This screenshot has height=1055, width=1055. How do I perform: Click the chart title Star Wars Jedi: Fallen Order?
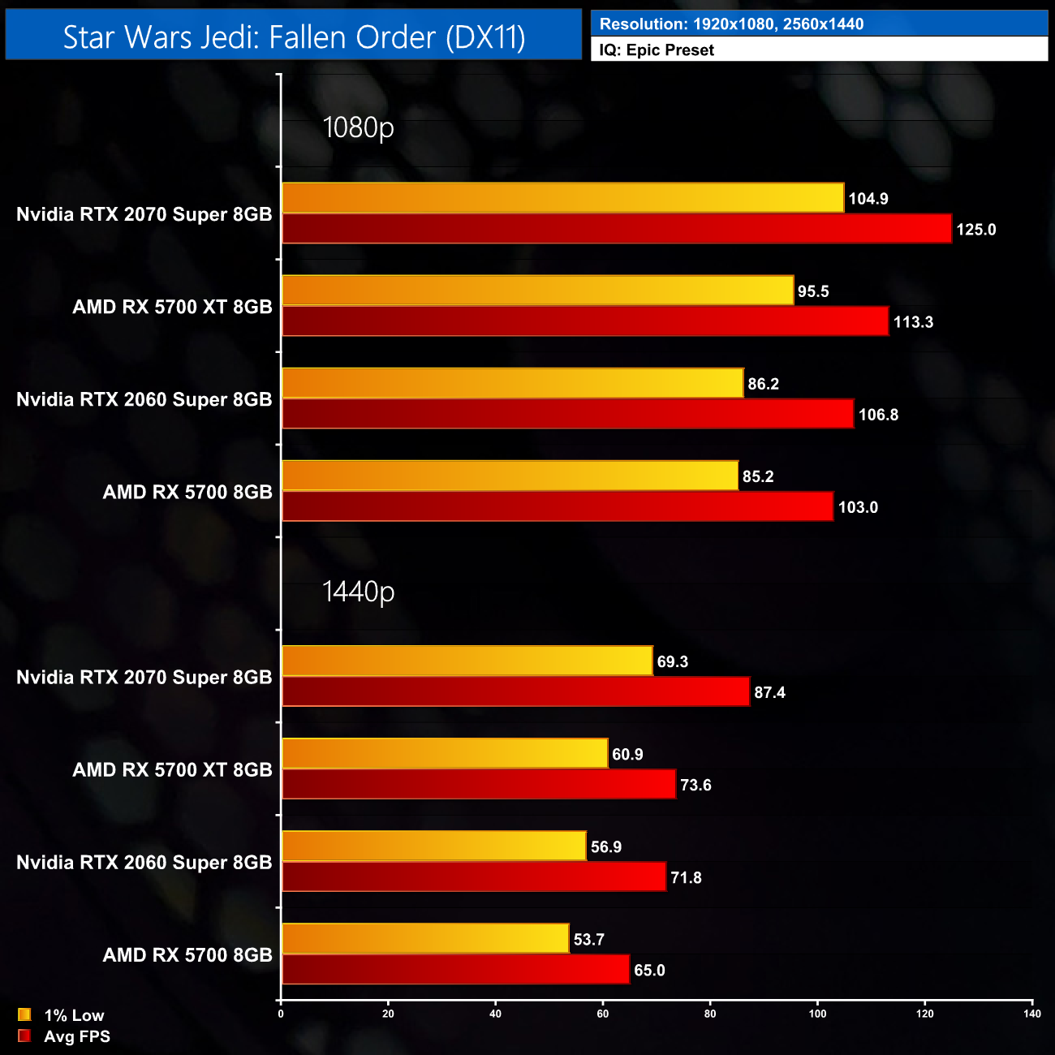click(294, 37)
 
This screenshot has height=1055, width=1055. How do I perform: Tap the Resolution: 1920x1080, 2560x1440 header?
click(731, 24)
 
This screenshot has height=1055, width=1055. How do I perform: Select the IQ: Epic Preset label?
click(657, 50)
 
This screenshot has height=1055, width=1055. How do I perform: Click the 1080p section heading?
click(358, 127)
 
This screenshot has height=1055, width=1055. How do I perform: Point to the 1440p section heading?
click(358, 592)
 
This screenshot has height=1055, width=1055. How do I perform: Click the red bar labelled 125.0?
click(617, 229)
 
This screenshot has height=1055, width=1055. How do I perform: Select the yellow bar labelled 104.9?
click(562, 198)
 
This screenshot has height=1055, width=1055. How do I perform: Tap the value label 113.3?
click(913, 322)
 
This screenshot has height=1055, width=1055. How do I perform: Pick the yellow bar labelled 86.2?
click(512, 383)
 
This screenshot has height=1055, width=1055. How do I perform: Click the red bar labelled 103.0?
click(558, 506)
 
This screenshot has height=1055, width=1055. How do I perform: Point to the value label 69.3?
click(672, 661)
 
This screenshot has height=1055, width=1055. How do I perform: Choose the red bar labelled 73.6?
click(479, 784)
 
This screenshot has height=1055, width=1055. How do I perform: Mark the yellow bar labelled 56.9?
click(433, 846)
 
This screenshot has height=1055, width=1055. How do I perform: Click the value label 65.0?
click(649, 970)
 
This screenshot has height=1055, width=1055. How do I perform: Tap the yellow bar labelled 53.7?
click(425, 938)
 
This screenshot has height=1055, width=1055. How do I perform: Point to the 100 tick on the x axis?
click(817, 1014)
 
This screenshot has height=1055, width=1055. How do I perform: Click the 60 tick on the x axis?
click(603, 1014)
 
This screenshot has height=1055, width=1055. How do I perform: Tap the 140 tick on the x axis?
click(1031, 1014)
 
